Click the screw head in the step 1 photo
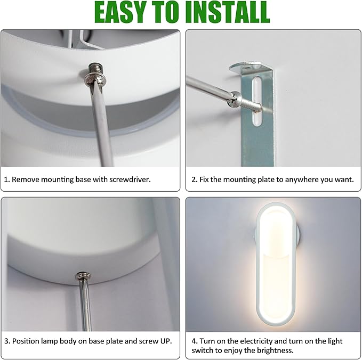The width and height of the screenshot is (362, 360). point(95,75)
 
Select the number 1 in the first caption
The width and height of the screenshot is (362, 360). point(6,179)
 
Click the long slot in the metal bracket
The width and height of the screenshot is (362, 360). point(256,102)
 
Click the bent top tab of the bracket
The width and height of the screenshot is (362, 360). point(245,67)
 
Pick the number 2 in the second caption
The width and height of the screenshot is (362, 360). point(194,179)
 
